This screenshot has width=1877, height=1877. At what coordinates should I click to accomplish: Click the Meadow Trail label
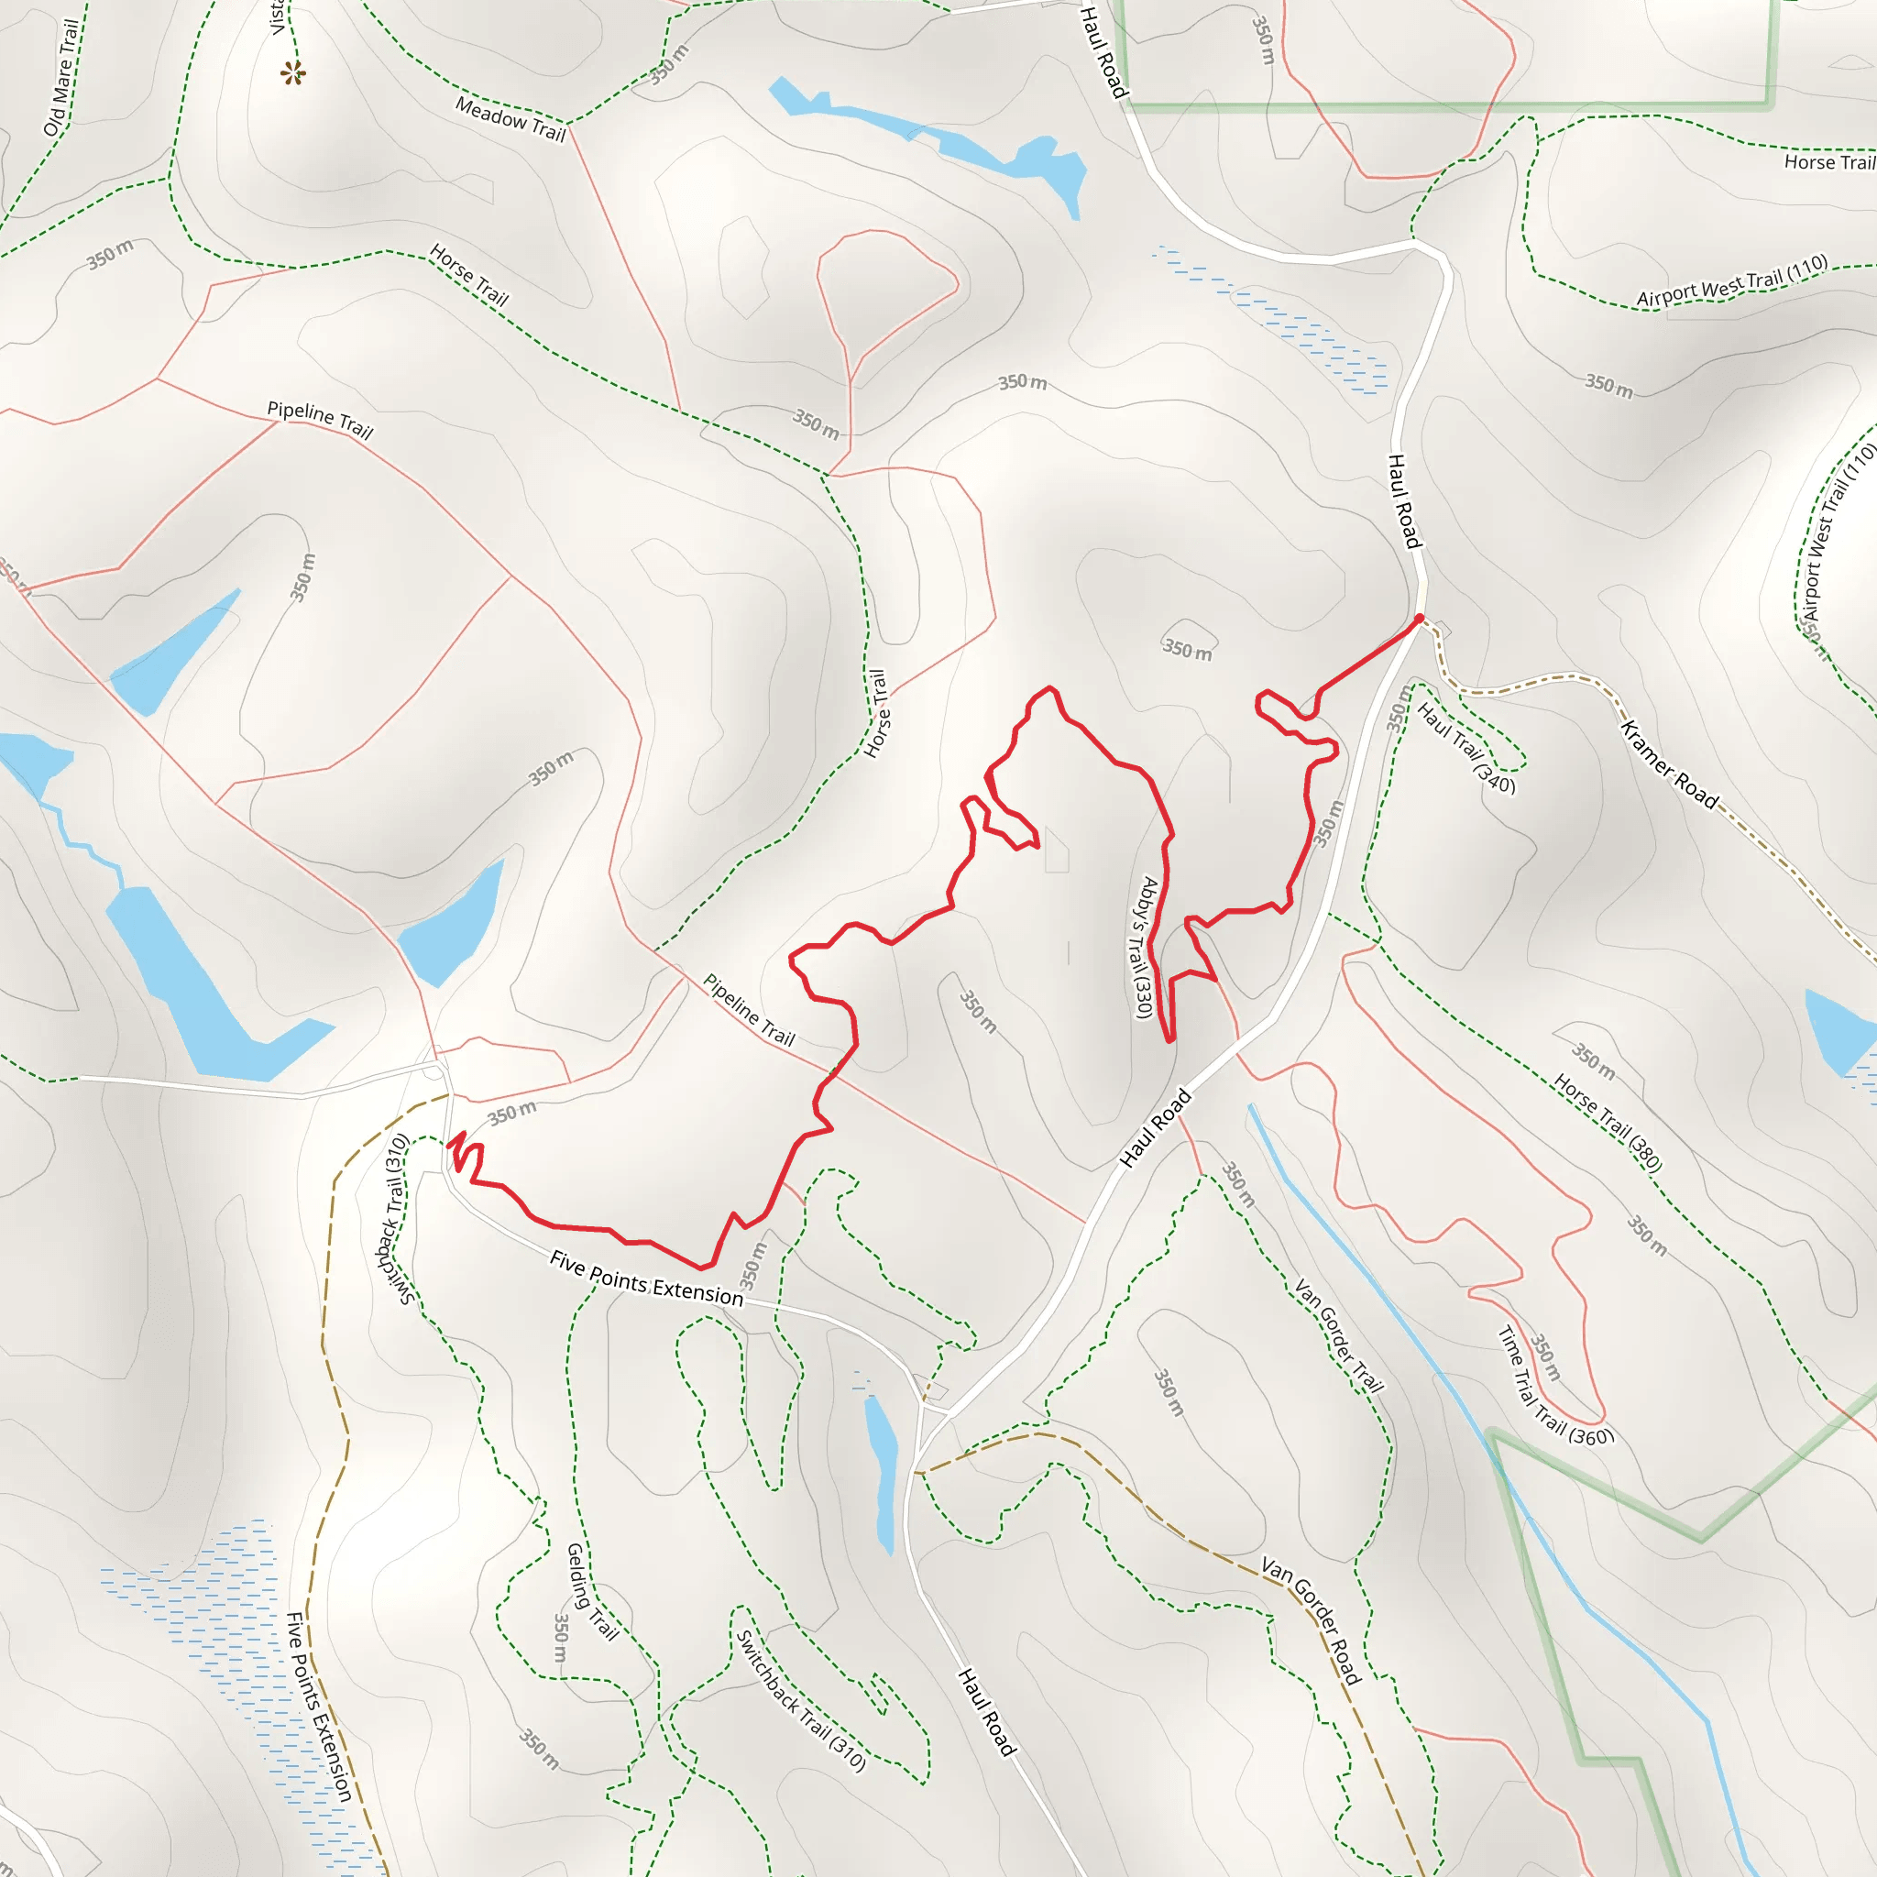(x=510, y=119)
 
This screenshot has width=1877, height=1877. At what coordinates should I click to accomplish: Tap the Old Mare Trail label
(x=61, y=78)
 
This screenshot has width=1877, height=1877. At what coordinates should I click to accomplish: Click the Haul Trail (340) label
(x=1465, y=748)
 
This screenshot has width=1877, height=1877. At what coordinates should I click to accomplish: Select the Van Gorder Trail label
(x=1338, y=1336)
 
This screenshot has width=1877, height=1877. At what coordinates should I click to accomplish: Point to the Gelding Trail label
(x=592, y=1591)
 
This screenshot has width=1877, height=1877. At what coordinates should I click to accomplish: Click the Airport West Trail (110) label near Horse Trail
(x=1731, y=281)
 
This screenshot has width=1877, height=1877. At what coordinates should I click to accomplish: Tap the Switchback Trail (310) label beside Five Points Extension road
(x=393, y=1220)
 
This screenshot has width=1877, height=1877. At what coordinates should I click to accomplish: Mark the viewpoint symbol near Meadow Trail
(x=292, y=73)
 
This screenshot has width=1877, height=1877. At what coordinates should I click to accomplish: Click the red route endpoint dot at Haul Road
(x=1420, y=618)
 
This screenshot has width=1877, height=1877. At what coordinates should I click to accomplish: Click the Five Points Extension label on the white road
(x=646, y=1279)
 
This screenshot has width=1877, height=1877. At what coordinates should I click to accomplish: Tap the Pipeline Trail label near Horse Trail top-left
(x=320, y=420)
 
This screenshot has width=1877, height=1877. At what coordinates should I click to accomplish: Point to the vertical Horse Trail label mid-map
(x=876, y=713)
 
